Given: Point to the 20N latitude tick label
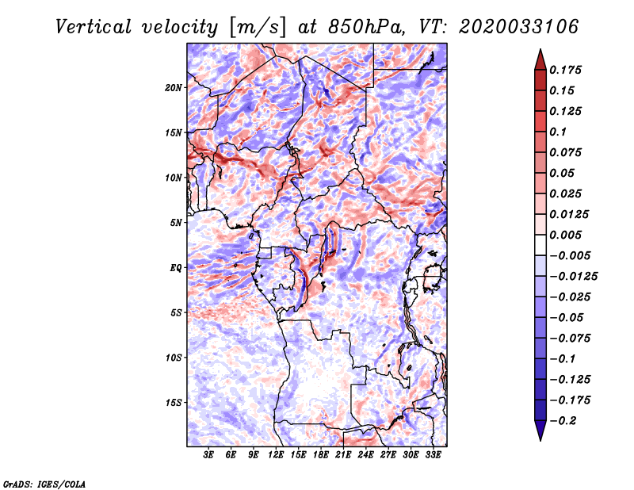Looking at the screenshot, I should (x=174, y=87).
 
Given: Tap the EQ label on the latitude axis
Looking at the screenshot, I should (x=176, y=268).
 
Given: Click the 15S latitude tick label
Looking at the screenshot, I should (x=174, y=403).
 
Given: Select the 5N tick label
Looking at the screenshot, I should (x=176, y=223).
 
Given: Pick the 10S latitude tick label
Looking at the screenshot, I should (x=174, y=358).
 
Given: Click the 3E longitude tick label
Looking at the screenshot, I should (x=209, y=455).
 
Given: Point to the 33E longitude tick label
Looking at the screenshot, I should (x=433, y=455).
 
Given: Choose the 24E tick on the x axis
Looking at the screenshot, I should (x=365, y=455).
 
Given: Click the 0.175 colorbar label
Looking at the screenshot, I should (x=567, y=70).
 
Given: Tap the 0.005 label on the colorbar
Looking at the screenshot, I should (x=567, y=235).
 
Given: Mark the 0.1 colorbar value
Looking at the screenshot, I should (x=560, y=132).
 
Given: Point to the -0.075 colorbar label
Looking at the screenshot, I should (x=571, y=338).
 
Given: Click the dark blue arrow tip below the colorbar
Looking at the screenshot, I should (x=540, y=434).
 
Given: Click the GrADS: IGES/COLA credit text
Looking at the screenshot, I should (x=44, y=483).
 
